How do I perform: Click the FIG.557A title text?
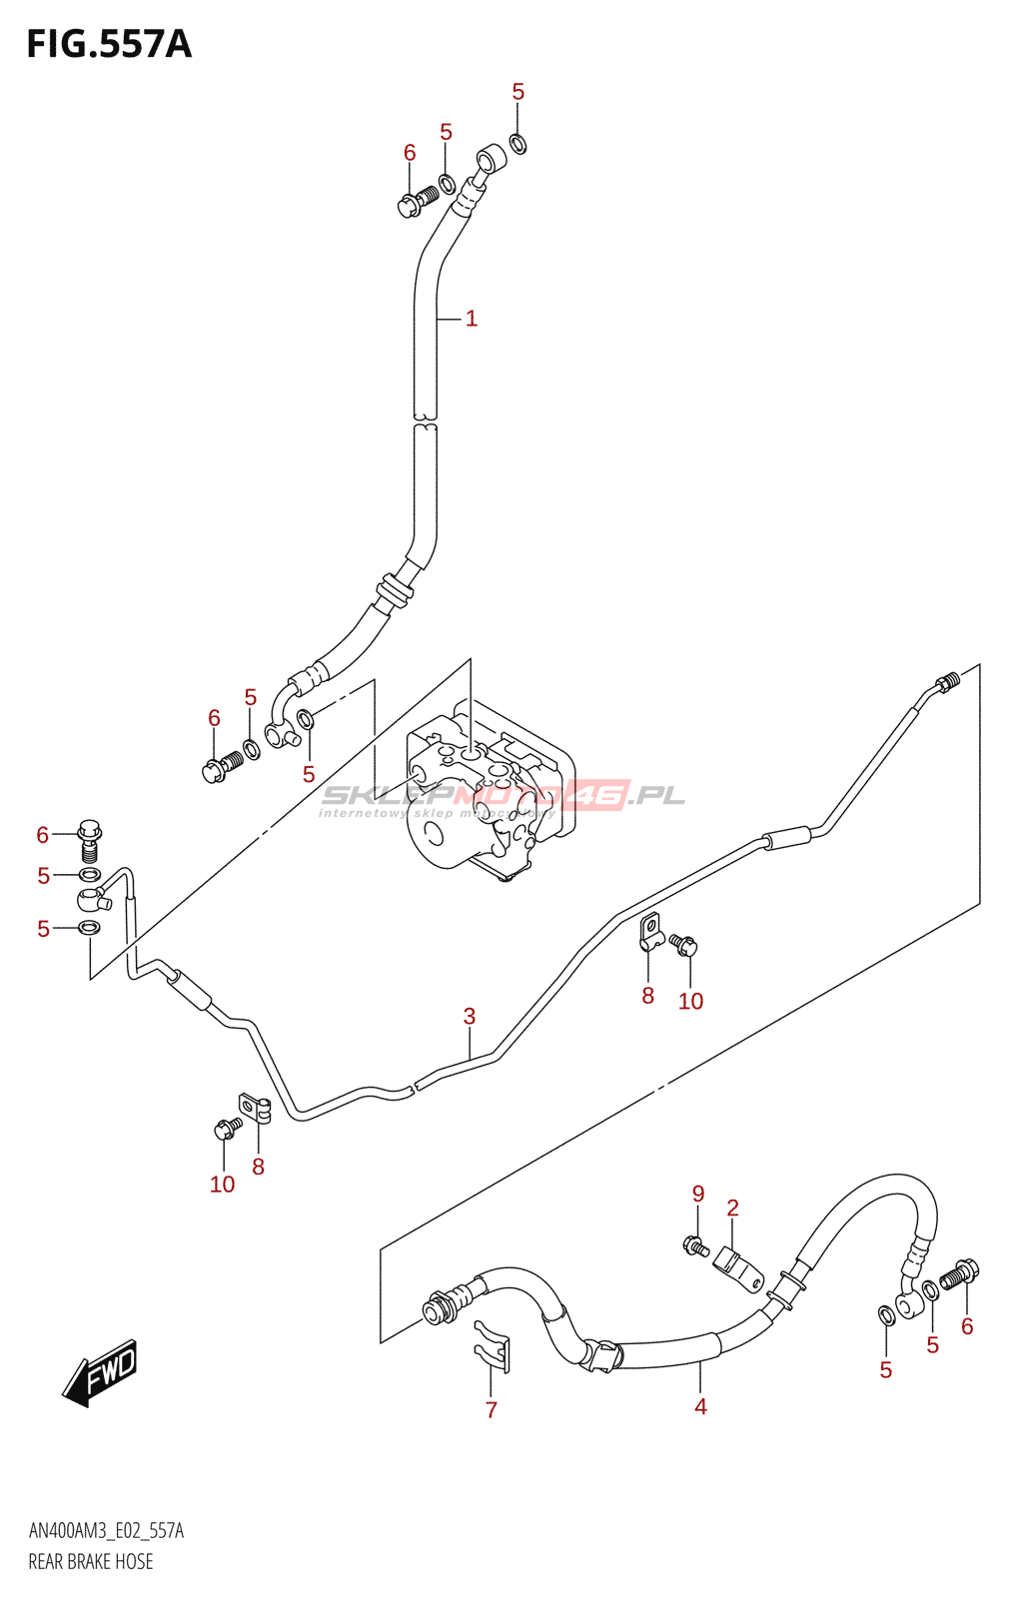tap(109, 45)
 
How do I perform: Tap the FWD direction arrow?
tap(100, 1372)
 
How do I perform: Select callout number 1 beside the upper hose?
tap(472, 319)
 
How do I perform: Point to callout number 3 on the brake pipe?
tap(470, 1017)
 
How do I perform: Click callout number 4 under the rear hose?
tap(700, 1406)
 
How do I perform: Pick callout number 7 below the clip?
tap(491, 1409)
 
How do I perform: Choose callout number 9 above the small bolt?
tap(698, 1194)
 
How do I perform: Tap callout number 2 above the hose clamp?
tap(732, 1208)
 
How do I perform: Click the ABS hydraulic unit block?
tap(490, 789)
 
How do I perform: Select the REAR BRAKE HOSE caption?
tap(91, 1562)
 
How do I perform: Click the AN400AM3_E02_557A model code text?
tap(106, 1531)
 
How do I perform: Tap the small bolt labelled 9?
tap(695, 1245)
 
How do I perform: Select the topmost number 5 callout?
tap(517, 92)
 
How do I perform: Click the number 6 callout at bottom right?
tap(966, 1326)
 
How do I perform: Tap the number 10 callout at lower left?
tap(222, 1185)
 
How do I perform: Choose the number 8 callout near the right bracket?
tap(647, 995)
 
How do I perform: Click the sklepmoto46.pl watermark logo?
tap(503, 797)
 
